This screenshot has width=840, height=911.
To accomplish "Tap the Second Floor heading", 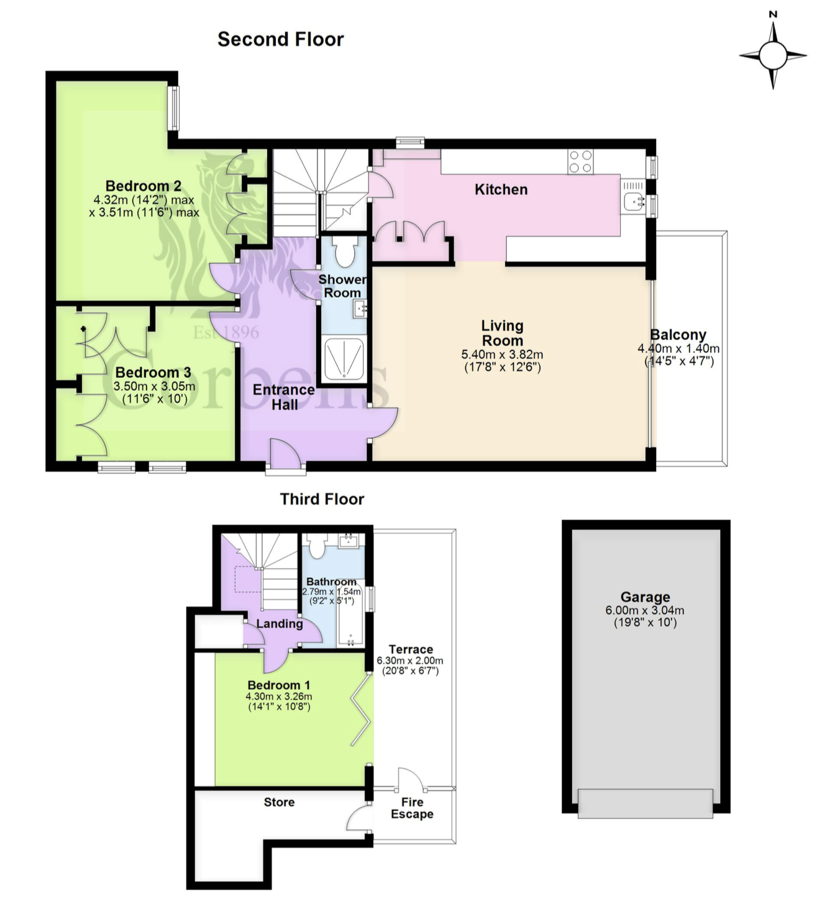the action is coord(280,39).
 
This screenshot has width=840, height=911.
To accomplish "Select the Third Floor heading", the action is coord(322,499).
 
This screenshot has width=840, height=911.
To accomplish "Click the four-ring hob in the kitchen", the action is coord(580,162).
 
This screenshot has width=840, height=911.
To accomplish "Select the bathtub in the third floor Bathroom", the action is coord(350,614).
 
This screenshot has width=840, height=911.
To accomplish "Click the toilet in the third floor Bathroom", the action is coord(317,544).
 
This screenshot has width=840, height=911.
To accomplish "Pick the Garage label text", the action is coord(645,597).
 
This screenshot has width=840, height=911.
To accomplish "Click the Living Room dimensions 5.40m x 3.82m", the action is coord(502,355).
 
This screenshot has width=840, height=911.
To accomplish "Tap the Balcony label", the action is coord(678,334).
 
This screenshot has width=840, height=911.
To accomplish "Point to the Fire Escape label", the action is coord(412,808).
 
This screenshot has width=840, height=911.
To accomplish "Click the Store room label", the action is coord(279,802).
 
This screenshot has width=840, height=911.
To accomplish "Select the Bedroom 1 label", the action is coord(278,685).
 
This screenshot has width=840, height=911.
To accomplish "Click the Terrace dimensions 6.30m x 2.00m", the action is coord(410,661).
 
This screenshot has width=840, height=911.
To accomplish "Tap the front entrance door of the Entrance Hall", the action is coord(285,454).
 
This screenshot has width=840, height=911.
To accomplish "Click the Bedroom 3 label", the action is coord(153,372).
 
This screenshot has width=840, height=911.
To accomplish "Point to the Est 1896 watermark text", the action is coord(226,332).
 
